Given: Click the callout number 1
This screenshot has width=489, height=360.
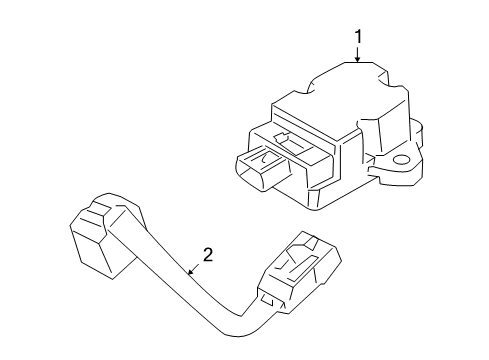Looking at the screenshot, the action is tap(357, 37).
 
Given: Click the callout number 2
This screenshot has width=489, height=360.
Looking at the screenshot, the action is tap(207, 256).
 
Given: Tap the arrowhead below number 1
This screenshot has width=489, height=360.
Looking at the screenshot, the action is tap(357, 60).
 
